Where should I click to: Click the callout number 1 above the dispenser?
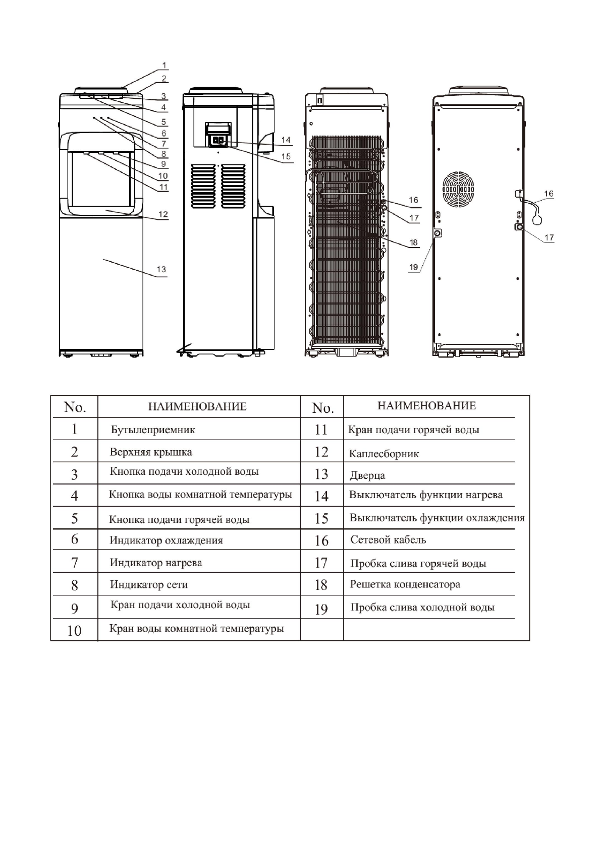tap(165, 66)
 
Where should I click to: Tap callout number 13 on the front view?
tap(161, 269)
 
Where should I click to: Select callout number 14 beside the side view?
tap(286, 140)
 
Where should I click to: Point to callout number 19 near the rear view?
tap(414, 267)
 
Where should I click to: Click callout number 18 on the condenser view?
tap(414, 242)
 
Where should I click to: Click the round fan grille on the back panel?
tap(458, 192)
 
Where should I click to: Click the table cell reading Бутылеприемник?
tap(153, 430)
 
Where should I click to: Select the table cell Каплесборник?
tap(384, 454)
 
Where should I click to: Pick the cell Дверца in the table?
tap(367, 475)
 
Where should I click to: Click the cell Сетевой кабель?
tap(388, 540)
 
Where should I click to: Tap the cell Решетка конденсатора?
tap(405, 585)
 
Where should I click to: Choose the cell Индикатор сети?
tap(149, 585)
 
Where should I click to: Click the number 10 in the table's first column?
tap(74, 631)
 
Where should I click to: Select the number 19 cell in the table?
tap(321, 609)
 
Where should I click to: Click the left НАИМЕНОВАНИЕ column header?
tap(197, 406)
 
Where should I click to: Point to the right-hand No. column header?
tap(322, 408)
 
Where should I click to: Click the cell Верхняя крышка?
tap(151, 452)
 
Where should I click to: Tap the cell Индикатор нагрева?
tap(156, 563)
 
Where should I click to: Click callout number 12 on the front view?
tap(163, 214)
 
